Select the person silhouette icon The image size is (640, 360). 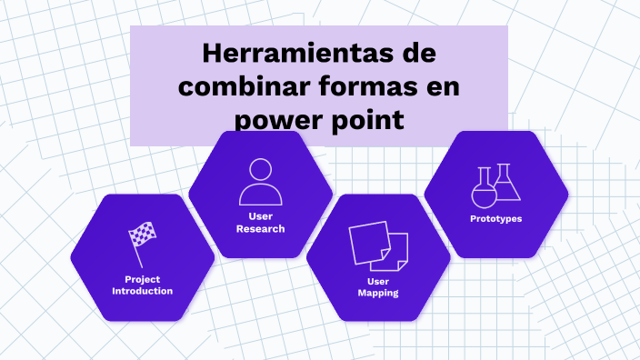point(260,182)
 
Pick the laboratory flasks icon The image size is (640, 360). point(496,185)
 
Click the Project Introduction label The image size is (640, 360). point(142,285)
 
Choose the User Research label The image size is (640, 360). point(260,223)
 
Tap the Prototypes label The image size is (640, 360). point(496,219)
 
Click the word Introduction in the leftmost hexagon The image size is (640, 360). point(142,291)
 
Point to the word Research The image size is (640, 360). point(260,229)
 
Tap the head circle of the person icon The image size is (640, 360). point(260,170)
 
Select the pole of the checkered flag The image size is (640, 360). point(138,253)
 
